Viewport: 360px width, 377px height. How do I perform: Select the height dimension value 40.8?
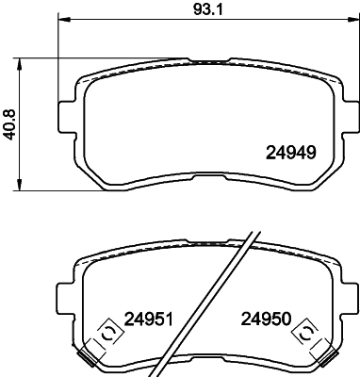pyautogui.click(x=11, y=123)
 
